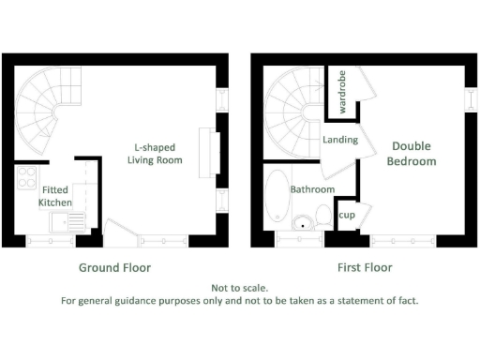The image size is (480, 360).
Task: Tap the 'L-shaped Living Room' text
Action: (155, 154)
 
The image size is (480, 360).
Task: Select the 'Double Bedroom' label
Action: (413, 154)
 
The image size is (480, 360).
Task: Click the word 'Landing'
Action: (339, 140)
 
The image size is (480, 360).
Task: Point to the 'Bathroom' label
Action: (312, 189)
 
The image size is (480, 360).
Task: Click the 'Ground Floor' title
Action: (114, 267)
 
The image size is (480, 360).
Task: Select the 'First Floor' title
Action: (365, 267)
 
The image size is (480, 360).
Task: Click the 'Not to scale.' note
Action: (239, 288)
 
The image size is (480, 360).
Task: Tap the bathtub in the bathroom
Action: (277, 199)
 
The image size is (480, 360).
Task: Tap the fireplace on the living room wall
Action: (215, 154)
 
